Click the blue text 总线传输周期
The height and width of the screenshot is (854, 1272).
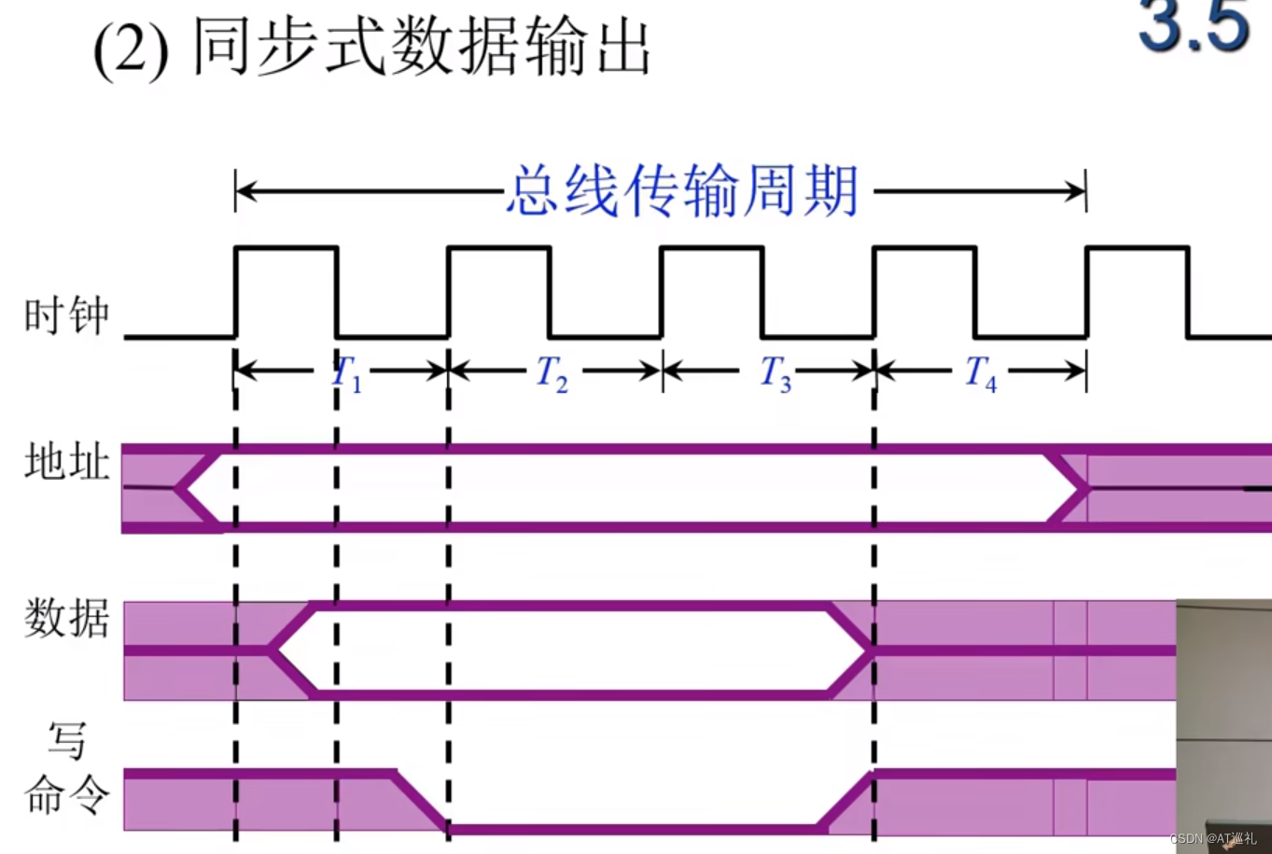pyautogui.click(x=682, y=191)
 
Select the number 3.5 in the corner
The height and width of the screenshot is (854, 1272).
pyautogui.click(x=1194, y=26)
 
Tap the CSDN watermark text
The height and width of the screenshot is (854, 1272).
pyautogui.click(x=1213, y=838)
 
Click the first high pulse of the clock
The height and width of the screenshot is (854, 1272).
pyautogui.click(x=286, y=248)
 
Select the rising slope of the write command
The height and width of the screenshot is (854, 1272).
pyautogui.click(x=847, y=801)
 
